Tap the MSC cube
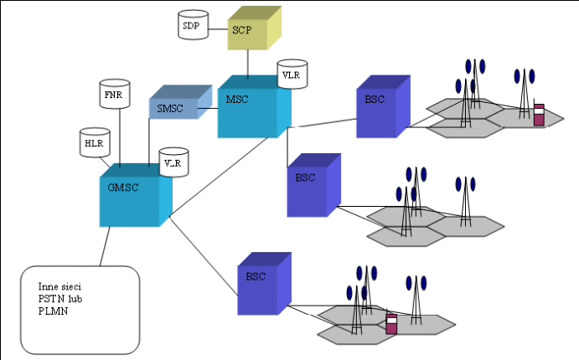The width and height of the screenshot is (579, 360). [x=250, y=111]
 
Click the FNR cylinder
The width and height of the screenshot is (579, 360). [x=112, y=95]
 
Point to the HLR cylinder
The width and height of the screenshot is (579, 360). [x=92, y=143]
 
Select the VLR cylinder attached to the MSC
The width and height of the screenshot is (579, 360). [x=292, y=75]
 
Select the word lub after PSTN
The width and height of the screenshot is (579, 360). [x=75, y=298]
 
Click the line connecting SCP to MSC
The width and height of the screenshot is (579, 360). [x=247, y=63]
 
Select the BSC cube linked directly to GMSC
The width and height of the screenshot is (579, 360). [x=262, y=282]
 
